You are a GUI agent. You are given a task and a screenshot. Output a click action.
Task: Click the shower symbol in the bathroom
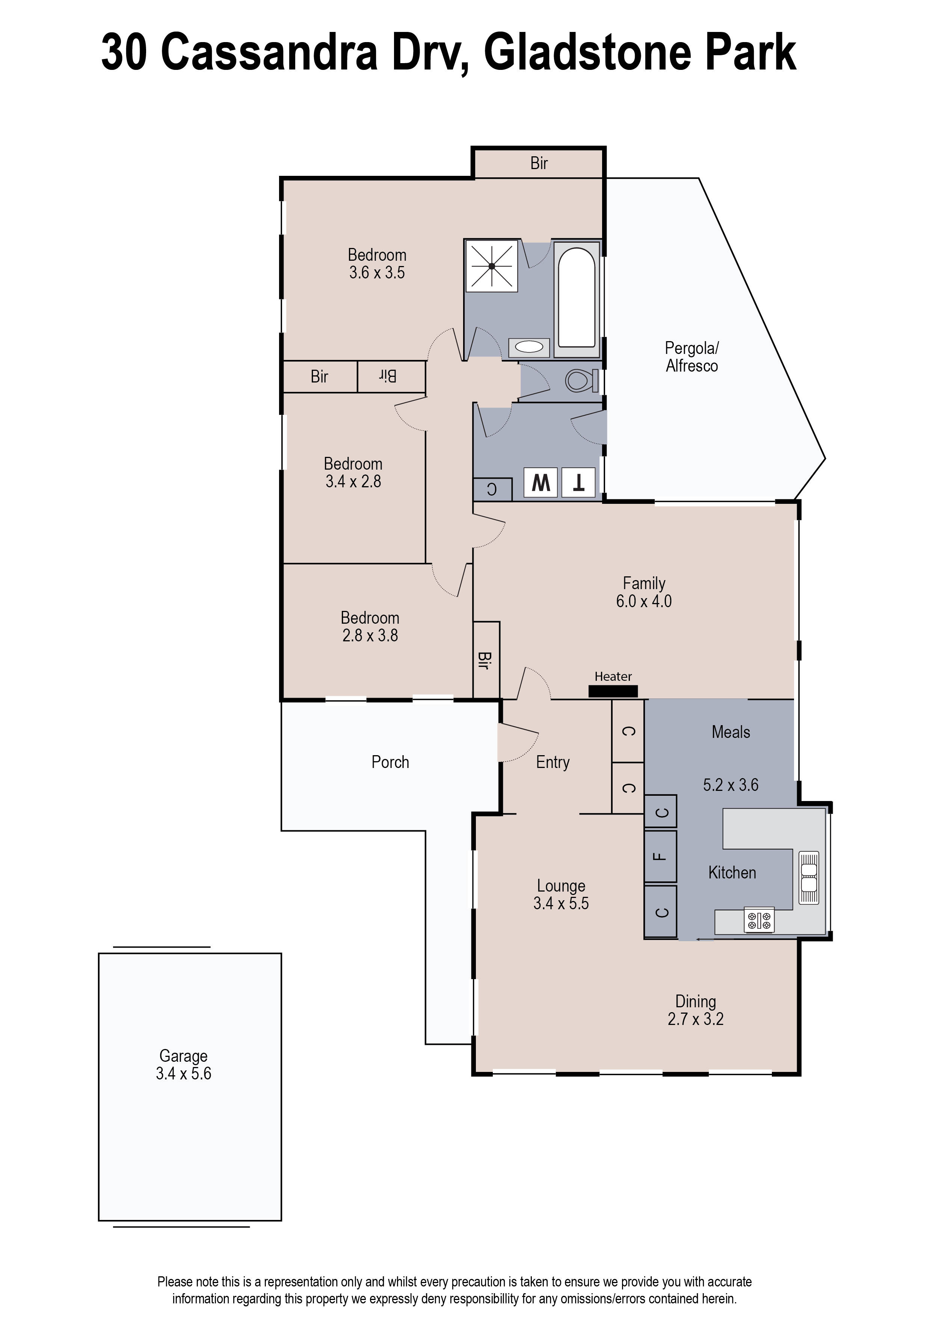tap(492, 266)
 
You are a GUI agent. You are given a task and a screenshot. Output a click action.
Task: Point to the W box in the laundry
tap(540, 483)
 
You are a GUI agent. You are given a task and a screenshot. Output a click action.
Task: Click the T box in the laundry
tap(578, 483)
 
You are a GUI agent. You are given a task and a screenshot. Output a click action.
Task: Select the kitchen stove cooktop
tap(759, 920)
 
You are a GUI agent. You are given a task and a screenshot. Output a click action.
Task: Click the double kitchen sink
tap(809, 878)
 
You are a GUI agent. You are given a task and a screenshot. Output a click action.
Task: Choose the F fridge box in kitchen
tap(661, 857)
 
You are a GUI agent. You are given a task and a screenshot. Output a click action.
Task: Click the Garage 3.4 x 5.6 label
tap(183, 1065)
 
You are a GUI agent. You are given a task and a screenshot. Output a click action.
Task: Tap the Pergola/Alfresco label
tap(692, 357)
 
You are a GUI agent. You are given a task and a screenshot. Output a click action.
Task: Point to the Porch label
tap(390, 762)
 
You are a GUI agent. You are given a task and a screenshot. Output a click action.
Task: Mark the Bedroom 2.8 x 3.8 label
tap(370, 626)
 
